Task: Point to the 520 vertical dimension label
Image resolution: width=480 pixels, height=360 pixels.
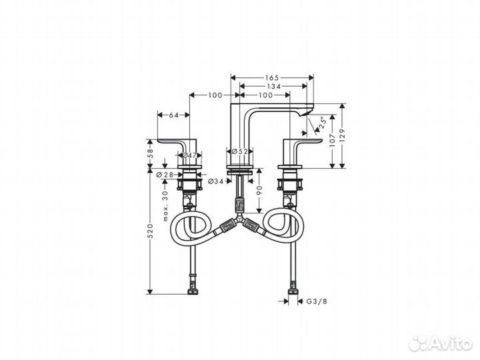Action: click(150, 231)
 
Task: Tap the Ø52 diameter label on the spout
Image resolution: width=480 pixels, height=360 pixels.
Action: click(239, 152)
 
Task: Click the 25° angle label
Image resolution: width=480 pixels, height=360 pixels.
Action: click(321, 123)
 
